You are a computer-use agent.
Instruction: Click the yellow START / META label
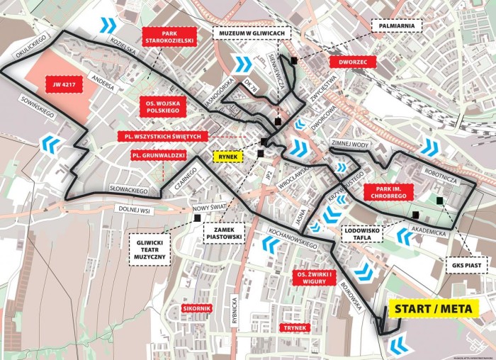point(434,308)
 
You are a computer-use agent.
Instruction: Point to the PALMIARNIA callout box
point(399,26)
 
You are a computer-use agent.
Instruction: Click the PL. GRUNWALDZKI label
point(158,154)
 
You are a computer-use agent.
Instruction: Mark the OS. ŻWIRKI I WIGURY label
point(314,277)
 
